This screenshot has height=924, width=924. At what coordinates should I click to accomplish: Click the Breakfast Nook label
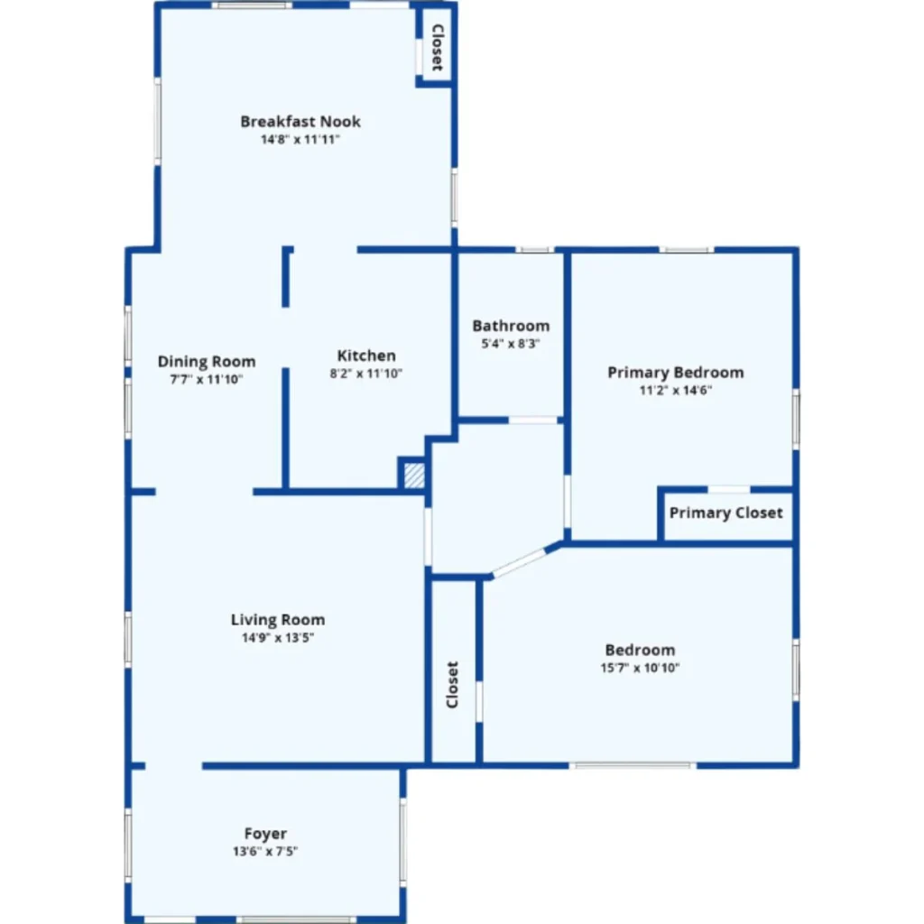coord(300,122)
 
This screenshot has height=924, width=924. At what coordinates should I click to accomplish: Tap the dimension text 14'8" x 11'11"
coord(300,140)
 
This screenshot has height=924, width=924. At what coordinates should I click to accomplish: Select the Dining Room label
coord(207,361)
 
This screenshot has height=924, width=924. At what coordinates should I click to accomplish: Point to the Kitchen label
coord(366,356)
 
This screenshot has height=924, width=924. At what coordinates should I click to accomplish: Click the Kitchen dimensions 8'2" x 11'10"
coord(366,373)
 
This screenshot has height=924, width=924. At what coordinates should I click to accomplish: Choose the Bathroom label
coord(511,326)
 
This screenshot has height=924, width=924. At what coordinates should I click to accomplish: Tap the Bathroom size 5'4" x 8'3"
coord(511,344)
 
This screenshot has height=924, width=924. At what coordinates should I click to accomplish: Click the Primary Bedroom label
coord(675,373)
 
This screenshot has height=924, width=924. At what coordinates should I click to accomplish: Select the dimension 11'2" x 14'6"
coord(675,390)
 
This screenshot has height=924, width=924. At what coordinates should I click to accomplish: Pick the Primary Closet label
coord(726,513)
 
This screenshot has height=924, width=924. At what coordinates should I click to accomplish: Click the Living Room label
coord(278,620)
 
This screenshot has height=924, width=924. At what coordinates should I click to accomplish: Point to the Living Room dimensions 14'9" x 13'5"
coord(278,638)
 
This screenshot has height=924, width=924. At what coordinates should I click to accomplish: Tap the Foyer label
coord(265,834)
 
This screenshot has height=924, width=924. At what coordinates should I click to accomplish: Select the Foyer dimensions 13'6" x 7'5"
coord(265,852)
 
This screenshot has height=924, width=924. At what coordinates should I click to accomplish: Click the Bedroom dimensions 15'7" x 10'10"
coord(640,668)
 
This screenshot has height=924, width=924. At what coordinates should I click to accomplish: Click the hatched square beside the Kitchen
coord(414,476)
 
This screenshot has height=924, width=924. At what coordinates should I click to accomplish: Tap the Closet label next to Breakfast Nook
coord(438,48)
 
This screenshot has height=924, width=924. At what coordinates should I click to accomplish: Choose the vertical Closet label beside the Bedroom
coord(452,685)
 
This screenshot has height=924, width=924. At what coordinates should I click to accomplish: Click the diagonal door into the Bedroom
coord(519,563)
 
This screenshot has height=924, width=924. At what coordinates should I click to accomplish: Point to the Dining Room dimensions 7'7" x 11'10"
coord(207,380)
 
